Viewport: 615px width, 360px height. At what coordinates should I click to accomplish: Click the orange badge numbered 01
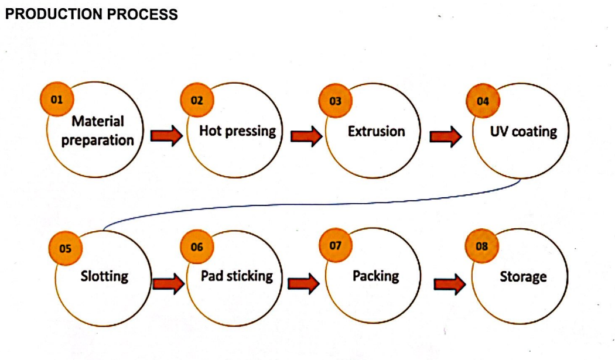click(x=57, y=99)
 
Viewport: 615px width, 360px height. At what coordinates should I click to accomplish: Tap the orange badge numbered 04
click(x=483, y=101)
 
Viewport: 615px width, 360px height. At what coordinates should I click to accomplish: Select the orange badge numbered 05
click(x=66, y=248)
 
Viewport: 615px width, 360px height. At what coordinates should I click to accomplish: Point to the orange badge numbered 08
click(x=481, y=246)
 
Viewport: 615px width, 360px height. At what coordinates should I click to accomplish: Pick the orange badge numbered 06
click(x=197, y=246)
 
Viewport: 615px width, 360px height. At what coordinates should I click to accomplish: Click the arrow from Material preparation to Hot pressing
click(x=167, y=135)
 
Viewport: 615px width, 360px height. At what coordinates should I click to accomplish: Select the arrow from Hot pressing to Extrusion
click(x=306, y=136)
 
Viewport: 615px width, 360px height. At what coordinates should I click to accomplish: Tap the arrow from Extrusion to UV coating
click(x=446, y=136)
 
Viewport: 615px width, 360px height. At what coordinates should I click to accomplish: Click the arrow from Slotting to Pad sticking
click(x=168, y=283)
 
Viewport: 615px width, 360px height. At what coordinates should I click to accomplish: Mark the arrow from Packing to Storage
click(x=450, y=284)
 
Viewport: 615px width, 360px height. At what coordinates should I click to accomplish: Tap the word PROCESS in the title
click(x=142, y=15)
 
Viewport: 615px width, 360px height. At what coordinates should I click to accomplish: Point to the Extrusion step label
click(x=377, y=131)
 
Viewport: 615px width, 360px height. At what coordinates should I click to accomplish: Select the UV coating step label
click(x=524, y=132)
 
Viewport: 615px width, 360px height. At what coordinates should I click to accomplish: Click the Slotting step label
click(x=104, y=276)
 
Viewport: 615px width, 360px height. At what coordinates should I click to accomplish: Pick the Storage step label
click(x=523, y=277)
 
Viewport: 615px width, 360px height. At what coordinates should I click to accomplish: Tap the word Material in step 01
click(x=98, y=121)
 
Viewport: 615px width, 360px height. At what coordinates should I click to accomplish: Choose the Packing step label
click(x=376, y=276)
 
